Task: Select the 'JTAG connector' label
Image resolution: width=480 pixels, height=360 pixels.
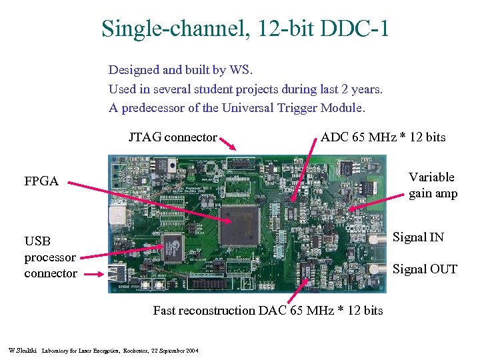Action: click(173, 138)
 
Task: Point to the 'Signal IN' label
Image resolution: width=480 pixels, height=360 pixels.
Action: click(418, 237)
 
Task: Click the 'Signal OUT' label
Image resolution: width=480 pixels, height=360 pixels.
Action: click(425, 269)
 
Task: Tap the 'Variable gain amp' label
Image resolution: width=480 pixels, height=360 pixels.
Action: click(432, 185)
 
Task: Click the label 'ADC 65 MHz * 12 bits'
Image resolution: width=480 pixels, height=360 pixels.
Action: click(383, 137)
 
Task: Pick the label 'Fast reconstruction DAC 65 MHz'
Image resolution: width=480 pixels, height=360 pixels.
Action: click(267, 311)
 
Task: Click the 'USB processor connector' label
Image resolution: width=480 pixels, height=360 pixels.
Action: click(51, 257)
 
